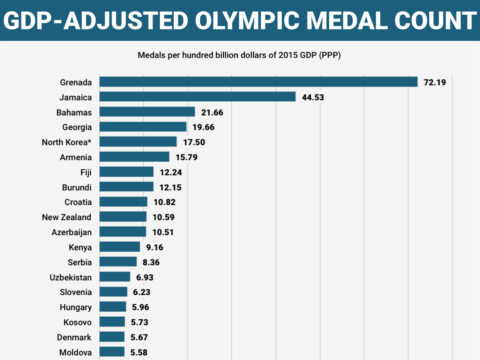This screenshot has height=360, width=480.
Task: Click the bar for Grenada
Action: tap(258, 82)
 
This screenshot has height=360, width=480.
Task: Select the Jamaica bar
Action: tap(197, 97)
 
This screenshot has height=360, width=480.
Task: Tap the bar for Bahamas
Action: tap(147, 112)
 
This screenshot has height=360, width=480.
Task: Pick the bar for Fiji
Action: tap(126, 172)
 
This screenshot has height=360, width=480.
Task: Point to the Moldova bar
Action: tap(112, 352)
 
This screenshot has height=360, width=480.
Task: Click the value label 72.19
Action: tap(435, 82)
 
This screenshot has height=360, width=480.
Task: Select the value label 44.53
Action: tap(313, 97)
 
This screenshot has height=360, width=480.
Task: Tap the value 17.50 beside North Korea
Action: tap(194, 142)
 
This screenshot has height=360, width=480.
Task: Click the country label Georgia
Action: tap(77, 127)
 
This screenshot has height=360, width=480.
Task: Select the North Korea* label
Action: tap(67, 142)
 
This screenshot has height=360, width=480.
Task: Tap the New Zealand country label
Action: tap(67, 217)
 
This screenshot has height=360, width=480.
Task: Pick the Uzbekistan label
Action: tap(71, 277)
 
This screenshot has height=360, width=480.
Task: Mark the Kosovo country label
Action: tap(78, 322)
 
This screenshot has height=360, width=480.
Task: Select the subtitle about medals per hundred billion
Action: tap(239, 55)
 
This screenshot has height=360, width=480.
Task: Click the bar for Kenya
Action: tap(119, 247)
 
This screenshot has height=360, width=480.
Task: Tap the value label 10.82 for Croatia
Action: tap(164, 202)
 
